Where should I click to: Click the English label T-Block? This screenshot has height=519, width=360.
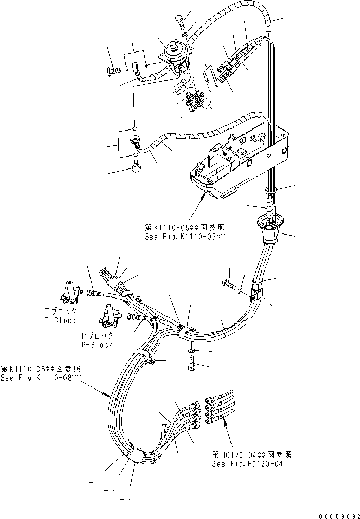point(60,320)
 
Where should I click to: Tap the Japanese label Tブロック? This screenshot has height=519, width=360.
point(60,311)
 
